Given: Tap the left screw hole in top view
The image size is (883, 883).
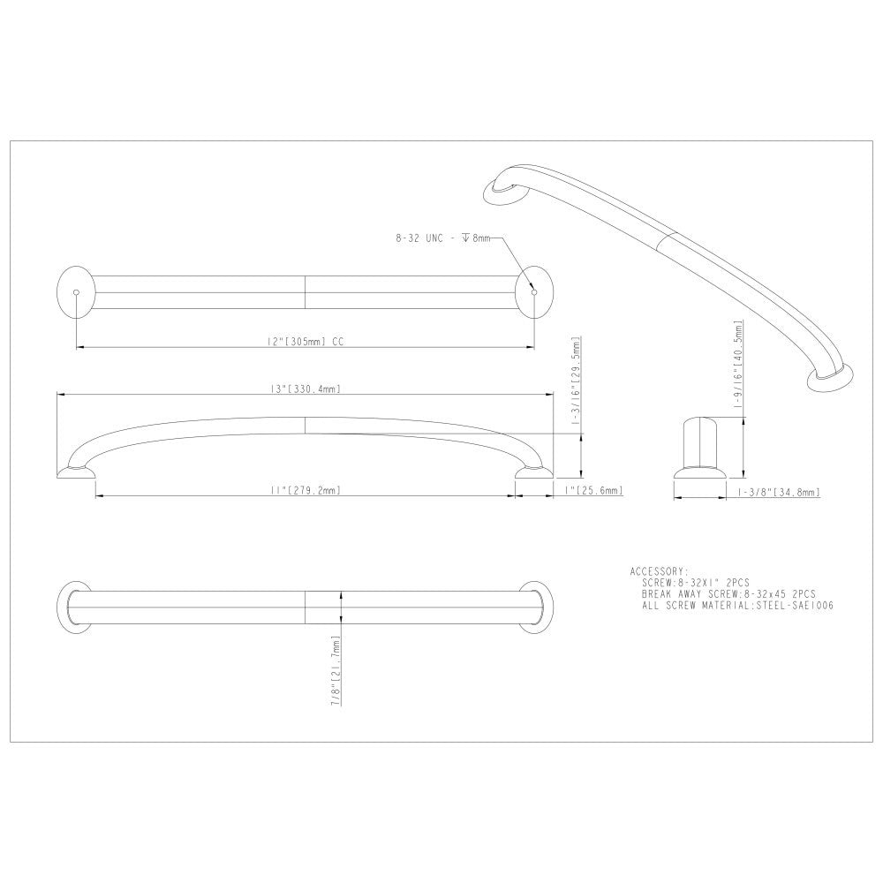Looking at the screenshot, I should click(x=77, y=291).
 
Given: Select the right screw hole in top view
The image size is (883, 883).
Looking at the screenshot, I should click(x=532, y=291).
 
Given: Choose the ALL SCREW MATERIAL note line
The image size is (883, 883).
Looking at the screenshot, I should click(x=738, y=606).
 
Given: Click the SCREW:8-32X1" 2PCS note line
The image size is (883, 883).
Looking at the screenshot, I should click(x=698, y=583).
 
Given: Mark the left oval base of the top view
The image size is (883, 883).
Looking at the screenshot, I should click(x=75, y=291).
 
